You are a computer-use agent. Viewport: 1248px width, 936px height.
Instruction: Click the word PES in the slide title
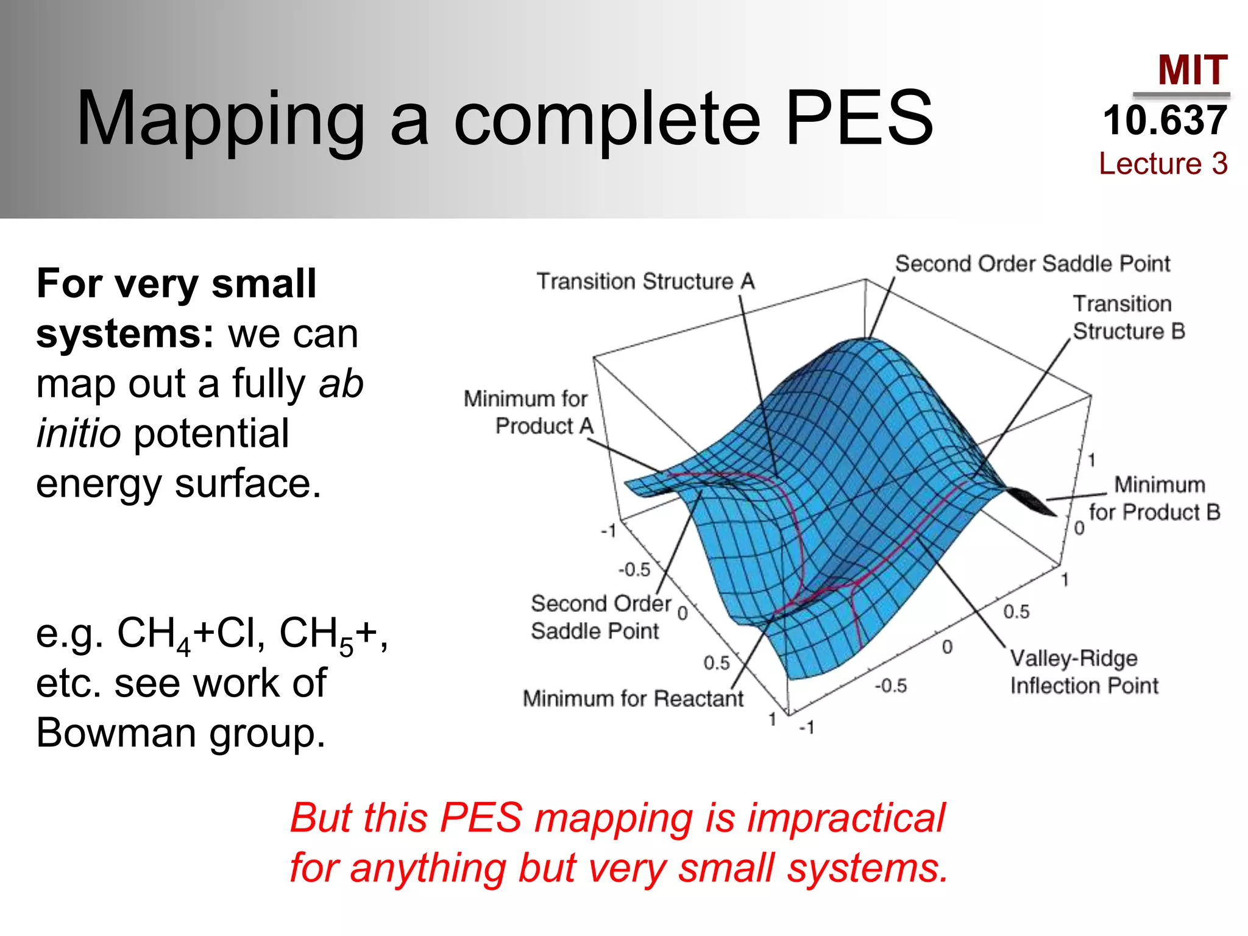coord(859,119)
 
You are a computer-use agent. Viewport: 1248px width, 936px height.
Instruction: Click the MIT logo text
coord(1192,71)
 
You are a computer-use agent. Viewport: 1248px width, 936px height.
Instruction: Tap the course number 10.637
coord(1165,120)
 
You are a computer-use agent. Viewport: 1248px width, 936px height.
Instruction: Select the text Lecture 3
coord(1163,163)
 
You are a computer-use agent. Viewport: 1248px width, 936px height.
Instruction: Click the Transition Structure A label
coord(645,282)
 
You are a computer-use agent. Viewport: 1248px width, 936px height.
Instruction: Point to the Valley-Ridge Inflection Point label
coord(1084,672)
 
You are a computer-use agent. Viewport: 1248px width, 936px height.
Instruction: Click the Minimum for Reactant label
coord(633,698)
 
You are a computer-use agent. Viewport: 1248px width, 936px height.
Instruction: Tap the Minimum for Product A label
coord(528,412)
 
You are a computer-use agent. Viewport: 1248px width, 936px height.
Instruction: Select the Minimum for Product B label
coord(1155,498)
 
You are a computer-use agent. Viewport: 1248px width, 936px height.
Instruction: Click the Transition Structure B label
coord(1129,317)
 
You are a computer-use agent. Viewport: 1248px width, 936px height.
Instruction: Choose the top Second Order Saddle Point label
coord(1032,264)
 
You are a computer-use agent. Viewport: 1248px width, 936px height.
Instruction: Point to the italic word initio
coord(79,433)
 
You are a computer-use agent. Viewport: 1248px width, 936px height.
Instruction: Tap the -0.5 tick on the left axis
coord(634,569)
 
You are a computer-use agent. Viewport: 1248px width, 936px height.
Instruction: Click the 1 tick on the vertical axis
coord(1091,459)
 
